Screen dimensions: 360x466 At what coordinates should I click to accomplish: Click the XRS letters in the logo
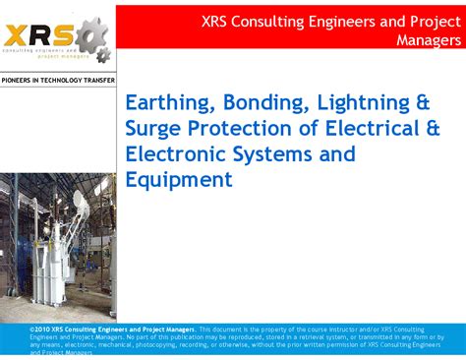pos(37,31)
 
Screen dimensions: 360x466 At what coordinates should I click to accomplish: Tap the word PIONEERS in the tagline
pos(20,80)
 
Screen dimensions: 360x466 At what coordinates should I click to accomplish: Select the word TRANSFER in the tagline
pos(98,80)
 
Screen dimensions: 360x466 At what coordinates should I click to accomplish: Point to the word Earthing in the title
pos(167,102)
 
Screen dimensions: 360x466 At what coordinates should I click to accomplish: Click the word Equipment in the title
pos(179,180)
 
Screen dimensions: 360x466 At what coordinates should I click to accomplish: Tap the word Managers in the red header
pos(429,40)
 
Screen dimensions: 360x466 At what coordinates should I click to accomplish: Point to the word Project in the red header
pos(437,20)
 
